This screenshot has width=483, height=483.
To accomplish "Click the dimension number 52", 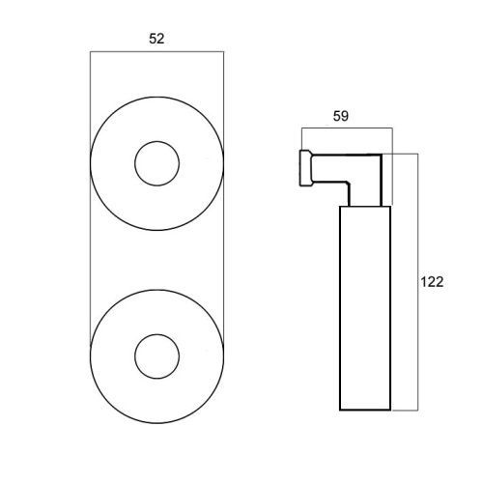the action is (156, 39).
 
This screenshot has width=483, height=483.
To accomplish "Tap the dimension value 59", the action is (341, 116).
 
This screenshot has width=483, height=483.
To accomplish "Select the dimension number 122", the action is (432, 282).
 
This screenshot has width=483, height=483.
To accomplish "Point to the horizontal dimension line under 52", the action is (156, 51).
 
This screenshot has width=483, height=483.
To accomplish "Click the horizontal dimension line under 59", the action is (347, 128).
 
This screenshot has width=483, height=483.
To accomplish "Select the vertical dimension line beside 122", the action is (418, 282).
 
